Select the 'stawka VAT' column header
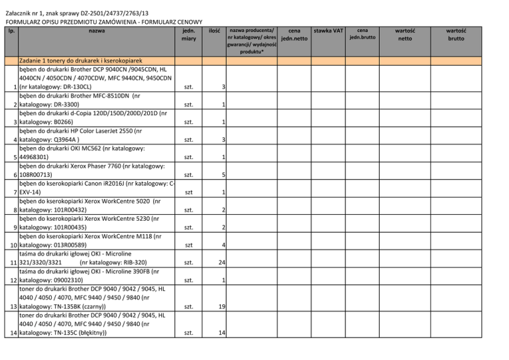329,31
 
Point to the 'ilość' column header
214,30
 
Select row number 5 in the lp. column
15,157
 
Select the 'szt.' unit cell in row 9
189,227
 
